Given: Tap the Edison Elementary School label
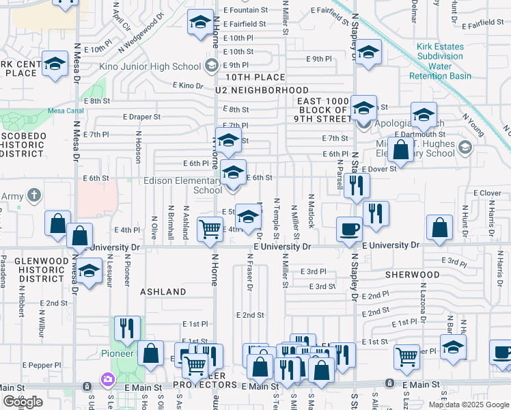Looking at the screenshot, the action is pyautogui.click(x=183, y=185).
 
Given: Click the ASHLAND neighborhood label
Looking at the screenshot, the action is pyautogui.click(x=163, y=292).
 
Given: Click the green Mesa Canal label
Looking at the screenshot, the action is pyautogui.click(x=65, y=111).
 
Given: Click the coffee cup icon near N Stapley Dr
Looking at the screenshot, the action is pyautogui.click(x=350, y=228).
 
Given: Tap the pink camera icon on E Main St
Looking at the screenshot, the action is pyautogui.click(x=107, y=379).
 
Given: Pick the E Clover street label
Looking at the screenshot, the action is pyautogui.click(x=487, y=193).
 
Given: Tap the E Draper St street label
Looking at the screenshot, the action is pyautogui.click(x=141, y=117).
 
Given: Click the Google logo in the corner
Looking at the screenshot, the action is pyautogui.click(x=23, y=402).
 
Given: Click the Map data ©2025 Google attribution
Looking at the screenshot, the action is pyautogui.click(x=468, y=405).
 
